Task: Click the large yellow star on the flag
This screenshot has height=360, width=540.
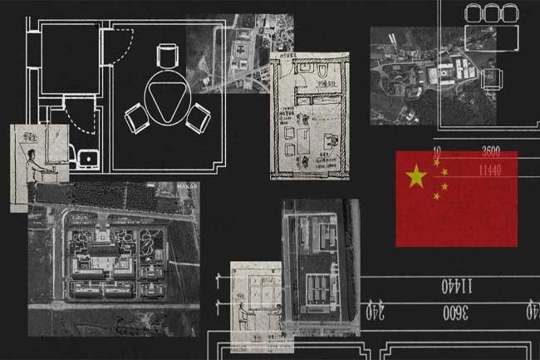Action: (415, 175)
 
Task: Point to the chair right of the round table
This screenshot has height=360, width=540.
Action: (198, 118)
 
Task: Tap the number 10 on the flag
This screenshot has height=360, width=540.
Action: (437, 153)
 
